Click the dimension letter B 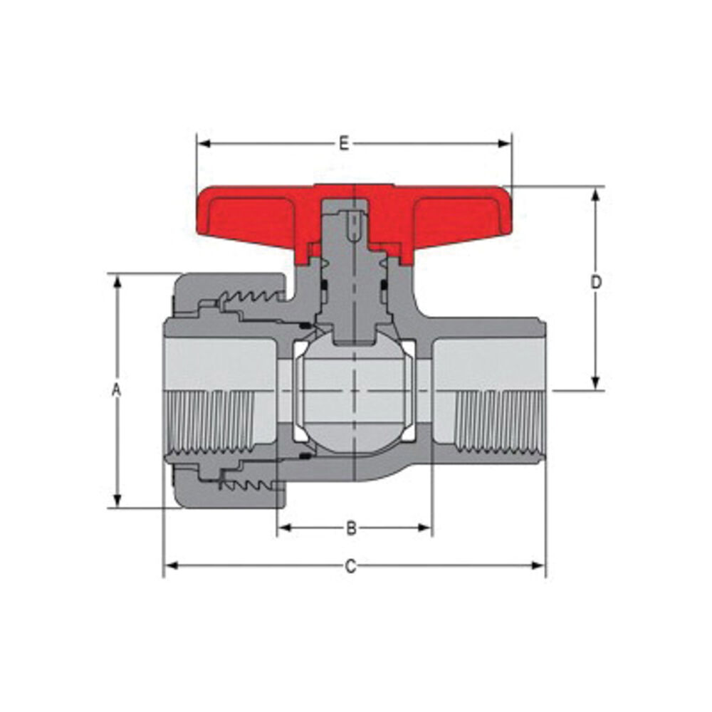coord(351,528)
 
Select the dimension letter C coord(350,566)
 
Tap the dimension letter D coord(597,282)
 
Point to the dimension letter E coord(344,144)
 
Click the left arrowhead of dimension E coord(204,144)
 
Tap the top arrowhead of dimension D coord(597,194)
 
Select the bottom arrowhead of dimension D coord(597,383)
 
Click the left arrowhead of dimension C coord(172,566)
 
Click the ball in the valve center coord(354,395)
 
